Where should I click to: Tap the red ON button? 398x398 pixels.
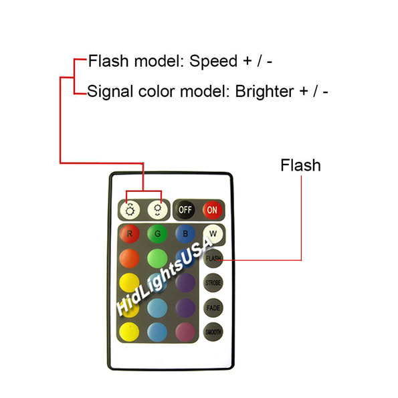[213, 210]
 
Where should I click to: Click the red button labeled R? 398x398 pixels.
[130, 233]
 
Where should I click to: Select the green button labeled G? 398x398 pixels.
[157, 233]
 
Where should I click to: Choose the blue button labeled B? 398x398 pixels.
[185, 233]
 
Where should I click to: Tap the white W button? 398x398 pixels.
[213, 233]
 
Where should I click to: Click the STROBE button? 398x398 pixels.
[213, 283]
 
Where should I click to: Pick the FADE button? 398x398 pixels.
[213, 308]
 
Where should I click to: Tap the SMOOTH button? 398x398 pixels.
[213, 332]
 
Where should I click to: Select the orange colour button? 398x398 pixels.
[130, 259]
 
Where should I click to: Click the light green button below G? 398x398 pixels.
[157, 259]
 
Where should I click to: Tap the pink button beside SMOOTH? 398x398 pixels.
[185, 332]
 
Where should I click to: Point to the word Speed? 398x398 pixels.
[213, 62]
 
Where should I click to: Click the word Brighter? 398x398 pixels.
[264, 91]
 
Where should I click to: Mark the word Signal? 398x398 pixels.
[110, 92]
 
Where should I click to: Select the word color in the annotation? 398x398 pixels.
[157, 92]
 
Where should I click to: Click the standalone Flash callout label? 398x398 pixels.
[300, 165]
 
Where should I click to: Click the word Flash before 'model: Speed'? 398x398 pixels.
[108, 61]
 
